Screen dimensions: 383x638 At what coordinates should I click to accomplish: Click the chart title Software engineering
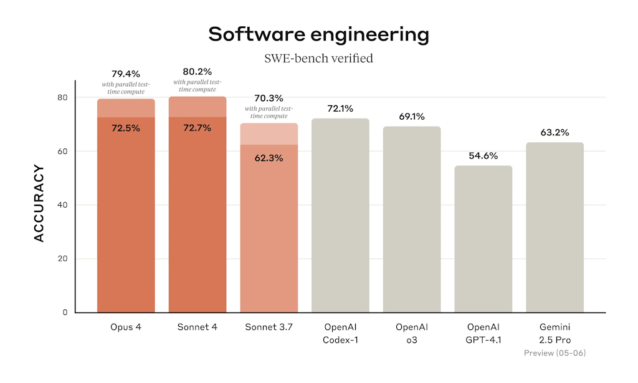[x=318, y=34]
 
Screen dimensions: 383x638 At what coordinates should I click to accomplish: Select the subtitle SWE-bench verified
[x=318, y=59]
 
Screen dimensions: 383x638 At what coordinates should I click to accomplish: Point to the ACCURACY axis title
[x=39, y=203]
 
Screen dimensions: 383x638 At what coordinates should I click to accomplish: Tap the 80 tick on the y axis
[x=62, y=98]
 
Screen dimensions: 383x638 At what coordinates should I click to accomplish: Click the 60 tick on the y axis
[x=62, y=152]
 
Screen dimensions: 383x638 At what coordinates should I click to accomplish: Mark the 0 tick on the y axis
[x=65, y=313]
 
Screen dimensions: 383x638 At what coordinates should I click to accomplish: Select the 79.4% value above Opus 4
[x=126, y=74]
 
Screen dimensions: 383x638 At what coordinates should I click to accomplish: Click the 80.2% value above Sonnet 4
[x=198, y=72]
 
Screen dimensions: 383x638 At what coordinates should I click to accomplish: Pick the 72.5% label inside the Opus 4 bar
[x=126, y=128]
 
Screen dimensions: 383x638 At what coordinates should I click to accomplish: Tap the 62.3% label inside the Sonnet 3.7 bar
[x=269, y=158]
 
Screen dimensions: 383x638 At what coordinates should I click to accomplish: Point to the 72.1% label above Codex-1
[x=340, y=109]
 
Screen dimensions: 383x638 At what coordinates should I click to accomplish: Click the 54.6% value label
[x=483, y=156]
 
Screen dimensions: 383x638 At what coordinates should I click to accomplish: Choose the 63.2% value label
[x=555, y=132]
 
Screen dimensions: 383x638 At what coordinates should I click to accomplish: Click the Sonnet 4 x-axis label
[x=198, y=327]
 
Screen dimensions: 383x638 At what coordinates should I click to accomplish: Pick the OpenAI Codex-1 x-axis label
[x=340, y=334]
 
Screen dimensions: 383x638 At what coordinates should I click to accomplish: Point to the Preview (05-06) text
[x=555, y=353]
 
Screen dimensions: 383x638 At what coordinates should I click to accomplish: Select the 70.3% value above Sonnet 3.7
[x=269, y=98]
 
